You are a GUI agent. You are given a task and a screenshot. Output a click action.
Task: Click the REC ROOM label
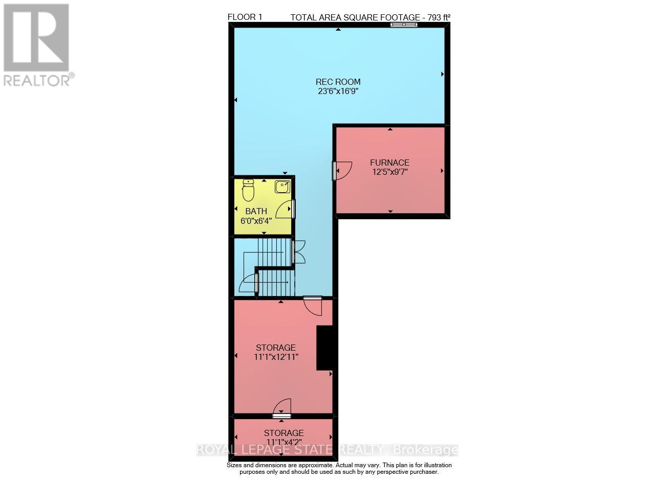tap(338, 82)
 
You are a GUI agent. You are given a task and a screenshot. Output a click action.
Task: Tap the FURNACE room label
tap(389, 163)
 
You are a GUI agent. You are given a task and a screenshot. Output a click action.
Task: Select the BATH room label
tap(256, 211)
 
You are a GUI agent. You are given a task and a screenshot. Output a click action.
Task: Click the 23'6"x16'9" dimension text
tap(338, 91)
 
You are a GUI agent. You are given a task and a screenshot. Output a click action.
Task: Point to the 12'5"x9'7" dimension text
tap(389, 172)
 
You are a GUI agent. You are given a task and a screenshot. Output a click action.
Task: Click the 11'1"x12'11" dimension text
tap(276, 357)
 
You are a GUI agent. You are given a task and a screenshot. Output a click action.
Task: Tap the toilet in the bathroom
tap(248, 190)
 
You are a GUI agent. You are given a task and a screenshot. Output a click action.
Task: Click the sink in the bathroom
tap(282, 187)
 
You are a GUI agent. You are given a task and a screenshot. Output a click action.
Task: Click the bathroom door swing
tap(285, 210)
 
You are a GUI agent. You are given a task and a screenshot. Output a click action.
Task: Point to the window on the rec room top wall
tap(404, 25)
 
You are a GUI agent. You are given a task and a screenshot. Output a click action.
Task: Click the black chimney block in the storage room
tap(324, 348)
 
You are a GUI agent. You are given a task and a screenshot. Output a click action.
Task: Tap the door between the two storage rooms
tap(281, 408)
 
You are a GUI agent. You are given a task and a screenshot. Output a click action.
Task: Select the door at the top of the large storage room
tap(312, 305)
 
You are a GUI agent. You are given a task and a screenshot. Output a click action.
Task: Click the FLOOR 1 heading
tap(245, 17)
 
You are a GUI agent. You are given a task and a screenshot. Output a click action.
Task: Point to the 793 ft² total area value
tap(435, 17)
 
